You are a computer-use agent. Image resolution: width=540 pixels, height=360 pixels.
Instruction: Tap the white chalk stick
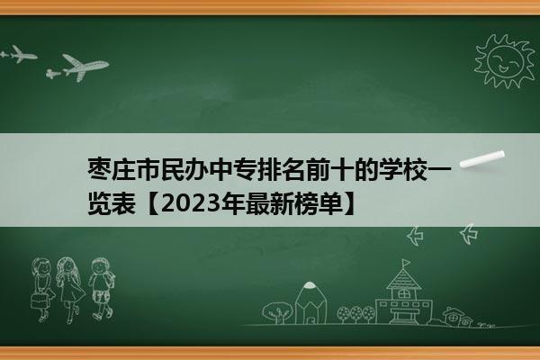click(x=482, y=159)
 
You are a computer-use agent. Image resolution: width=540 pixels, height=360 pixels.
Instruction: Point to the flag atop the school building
click(x=406, y=263)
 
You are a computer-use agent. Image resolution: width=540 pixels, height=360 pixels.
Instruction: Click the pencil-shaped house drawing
click(x=310, y=302)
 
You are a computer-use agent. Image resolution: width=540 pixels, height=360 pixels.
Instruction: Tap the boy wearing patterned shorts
click(x=101, y=288)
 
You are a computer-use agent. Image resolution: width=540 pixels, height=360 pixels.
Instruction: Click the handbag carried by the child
click(x=39, y=301)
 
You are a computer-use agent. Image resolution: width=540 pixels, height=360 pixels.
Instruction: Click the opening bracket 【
click(x=151, y=204)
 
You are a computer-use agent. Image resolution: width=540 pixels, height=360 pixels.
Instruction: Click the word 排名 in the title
click(x=282, y=169)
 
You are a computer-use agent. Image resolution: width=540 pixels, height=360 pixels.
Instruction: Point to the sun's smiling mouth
click(x=503, y=68)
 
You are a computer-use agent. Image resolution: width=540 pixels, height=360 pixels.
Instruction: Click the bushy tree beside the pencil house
click(x=277, y=312)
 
